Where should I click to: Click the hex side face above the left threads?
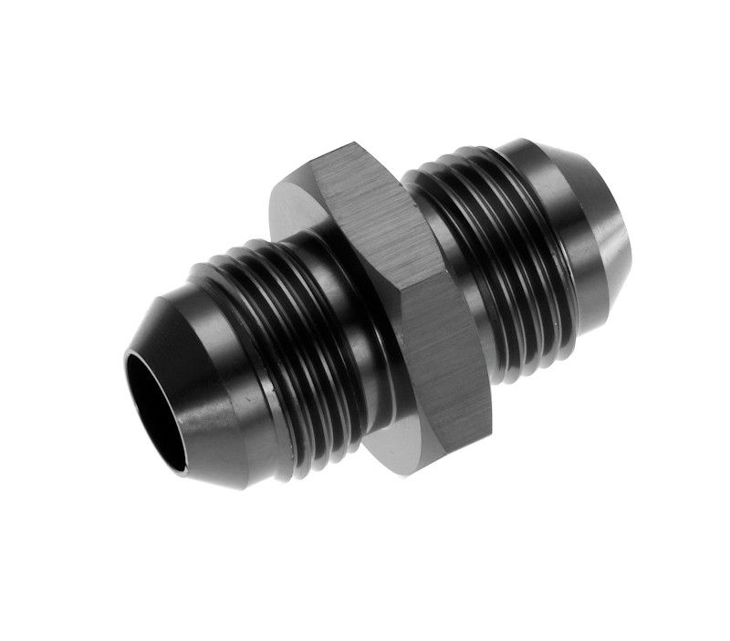point(297,205)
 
